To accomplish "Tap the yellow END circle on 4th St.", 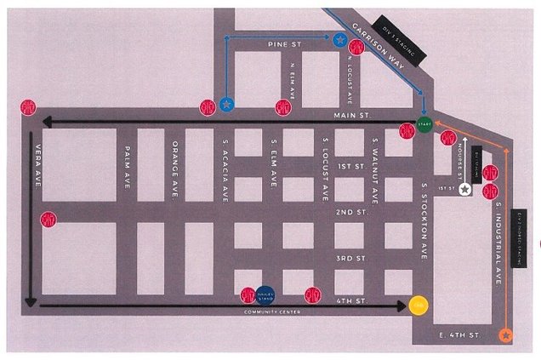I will [x=418, y=305].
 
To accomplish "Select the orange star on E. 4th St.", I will [x=506, y=335].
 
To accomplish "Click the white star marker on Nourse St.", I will [x=464, y=189].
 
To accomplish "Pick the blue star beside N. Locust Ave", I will [x=339, y=39].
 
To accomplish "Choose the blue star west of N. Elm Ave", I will [x=226, y=104].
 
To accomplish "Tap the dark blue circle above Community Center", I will [x=265, y=294].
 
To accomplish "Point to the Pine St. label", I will [x=280, y=44].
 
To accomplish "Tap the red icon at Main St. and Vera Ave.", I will [x=28, y=107].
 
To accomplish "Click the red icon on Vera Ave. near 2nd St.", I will [x=48, y=219].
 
